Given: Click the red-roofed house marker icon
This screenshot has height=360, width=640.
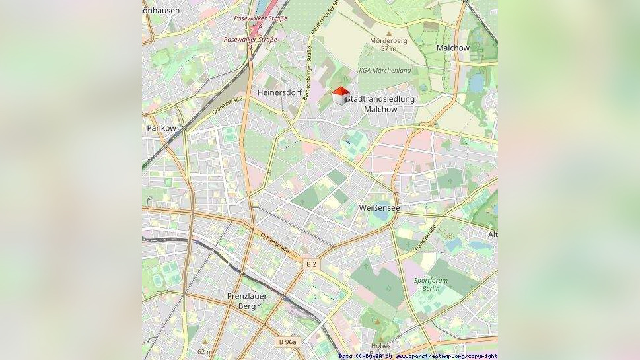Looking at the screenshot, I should (x=339, y=96).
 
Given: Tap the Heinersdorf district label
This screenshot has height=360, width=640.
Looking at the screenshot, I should (x=279, y=92).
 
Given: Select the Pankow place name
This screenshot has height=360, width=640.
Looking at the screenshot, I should (x=162, y=128).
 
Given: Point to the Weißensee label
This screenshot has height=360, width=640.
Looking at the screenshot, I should (x=379, y=207).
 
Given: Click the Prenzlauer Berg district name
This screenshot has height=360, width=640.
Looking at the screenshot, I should (x=247, y=301).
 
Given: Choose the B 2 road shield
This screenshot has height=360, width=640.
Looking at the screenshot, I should (x=311, y=264).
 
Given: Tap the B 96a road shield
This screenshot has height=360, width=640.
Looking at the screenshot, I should (x=287, y=342).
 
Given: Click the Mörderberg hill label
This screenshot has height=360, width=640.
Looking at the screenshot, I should (x=388, y=41).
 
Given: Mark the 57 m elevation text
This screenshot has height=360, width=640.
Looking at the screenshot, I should (x=388, y=49).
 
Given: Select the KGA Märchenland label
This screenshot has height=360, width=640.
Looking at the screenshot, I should (x=384, y=70).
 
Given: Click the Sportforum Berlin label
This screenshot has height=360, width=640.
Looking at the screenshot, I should (x=431, y=285).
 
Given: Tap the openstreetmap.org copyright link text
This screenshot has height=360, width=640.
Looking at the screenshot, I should (x=446, y=356).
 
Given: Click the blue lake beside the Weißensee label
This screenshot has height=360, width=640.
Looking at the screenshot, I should (x=381, y=215).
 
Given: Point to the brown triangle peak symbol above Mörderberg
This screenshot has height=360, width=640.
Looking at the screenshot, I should (x=388, y=32).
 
